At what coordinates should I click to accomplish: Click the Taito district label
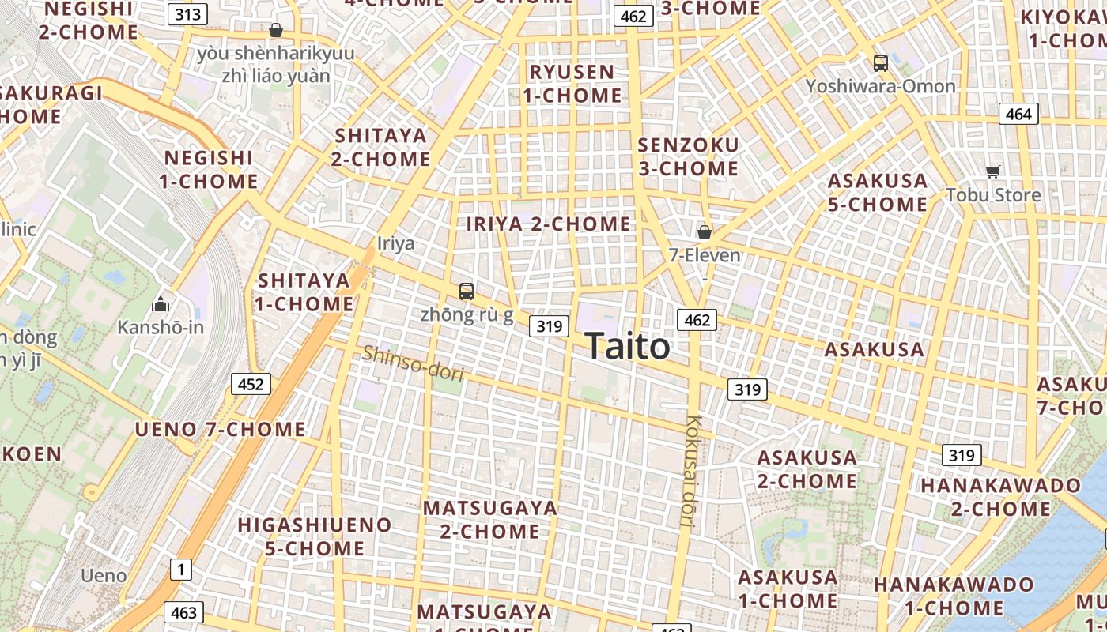[x=627, y=346]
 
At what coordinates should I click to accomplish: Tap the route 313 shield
[x=188, y=14]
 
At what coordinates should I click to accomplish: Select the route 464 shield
[x=1018, y=114]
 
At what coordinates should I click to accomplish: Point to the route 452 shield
[x=251, y=385]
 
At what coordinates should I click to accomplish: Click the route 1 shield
[x=181, y=568]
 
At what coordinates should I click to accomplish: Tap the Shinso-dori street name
[x=413, y=364]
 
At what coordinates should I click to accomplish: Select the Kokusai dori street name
[x=693, y=471]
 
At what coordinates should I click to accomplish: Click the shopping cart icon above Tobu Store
[x=993, y=171]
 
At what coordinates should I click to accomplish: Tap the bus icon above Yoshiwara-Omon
[x=880, y=63]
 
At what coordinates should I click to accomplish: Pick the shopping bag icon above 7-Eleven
[x=704, y=232]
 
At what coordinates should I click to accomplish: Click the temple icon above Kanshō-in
[x=161, y=303]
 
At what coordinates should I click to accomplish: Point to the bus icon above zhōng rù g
[x=467, y=291]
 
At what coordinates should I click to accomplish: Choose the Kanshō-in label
[x=161, y=326]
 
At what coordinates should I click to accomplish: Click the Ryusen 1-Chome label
[x=572, y=84]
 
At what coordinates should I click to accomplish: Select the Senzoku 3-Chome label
[x=688, y=156]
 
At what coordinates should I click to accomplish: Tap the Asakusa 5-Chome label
[x=878, y=193]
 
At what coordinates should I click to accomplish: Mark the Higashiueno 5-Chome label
[x=315, y=536]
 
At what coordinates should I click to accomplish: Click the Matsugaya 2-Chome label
[x=490, y=519]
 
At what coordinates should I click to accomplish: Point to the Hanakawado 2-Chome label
[x=1000, y=496]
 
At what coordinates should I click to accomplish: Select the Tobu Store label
[x=993, y=194]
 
